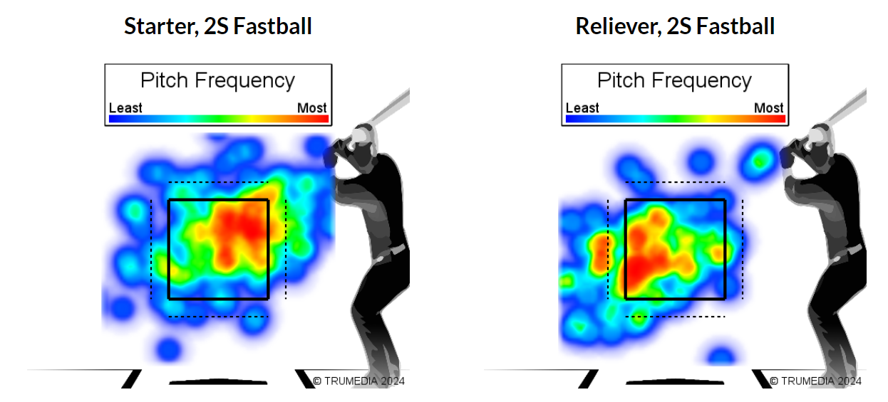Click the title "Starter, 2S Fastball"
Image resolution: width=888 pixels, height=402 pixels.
(217, 27)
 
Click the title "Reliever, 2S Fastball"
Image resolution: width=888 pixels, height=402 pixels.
(675, 27)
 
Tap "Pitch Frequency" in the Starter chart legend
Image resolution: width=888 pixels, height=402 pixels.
(217, 80)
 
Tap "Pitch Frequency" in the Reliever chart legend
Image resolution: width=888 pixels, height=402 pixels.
(674, 80)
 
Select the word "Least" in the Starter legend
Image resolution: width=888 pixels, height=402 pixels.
(125, 108)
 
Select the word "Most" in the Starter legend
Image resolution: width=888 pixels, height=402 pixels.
(311, 108)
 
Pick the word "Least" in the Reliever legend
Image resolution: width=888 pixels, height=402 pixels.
(582, 108)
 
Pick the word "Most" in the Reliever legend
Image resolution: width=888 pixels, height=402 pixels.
(768, 108)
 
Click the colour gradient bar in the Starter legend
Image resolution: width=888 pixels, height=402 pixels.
(218, 119)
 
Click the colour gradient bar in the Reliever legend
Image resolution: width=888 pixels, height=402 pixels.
(675, 119)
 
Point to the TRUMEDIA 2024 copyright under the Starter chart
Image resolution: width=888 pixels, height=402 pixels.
(359, 381)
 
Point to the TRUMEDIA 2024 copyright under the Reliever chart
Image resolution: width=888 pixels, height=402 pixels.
(816, 381)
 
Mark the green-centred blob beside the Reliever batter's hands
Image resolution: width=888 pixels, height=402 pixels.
(760, 160)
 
